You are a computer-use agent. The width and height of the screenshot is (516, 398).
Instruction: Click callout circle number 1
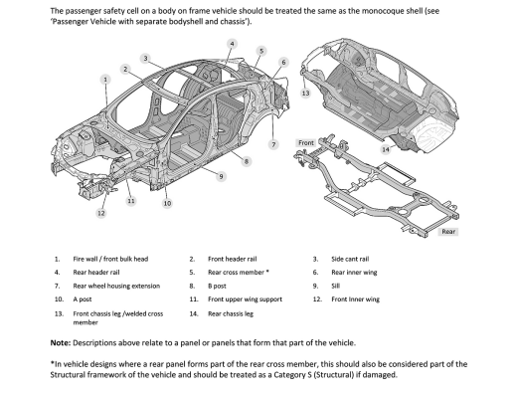coord(105,80)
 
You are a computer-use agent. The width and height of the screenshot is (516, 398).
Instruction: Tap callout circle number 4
coord(232,44)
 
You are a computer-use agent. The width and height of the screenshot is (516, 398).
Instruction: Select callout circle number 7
coord(273,144)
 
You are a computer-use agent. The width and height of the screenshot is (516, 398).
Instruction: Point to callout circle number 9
coord(221,176)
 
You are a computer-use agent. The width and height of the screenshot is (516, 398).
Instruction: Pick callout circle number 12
coord(101,213)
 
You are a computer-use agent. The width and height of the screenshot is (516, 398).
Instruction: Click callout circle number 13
coord(305,94)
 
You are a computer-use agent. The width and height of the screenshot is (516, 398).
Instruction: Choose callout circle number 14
coord(386,149)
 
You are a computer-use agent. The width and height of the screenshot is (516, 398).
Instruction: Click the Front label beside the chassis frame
coord(306,143)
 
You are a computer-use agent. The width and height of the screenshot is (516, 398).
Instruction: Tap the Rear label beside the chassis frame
coord(448,232)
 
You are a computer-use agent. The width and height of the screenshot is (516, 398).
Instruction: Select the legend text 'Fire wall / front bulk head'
coord(110,259)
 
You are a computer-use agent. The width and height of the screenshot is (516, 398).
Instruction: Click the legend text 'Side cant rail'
coord(350,259)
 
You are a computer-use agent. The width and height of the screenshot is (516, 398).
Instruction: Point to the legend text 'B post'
coord(217,286)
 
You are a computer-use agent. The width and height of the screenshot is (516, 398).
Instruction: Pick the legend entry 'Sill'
coord(335,286)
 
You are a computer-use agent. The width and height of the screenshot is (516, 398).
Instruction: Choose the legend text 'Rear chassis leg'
coord(231,313)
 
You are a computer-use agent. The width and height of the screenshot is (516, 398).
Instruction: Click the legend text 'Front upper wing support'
coord(245,299)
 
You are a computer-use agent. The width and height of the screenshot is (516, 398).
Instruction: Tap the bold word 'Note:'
coord(61,343)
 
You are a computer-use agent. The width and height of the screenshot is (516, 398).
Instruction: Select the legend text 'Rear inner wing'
coord(354,273)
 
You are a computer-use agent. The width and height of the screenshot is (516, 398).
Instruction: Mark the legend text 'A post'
coord(83,299)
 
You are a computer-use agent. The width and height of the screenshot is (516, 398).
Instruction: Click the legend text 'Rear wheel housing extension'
coord(116,286)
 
